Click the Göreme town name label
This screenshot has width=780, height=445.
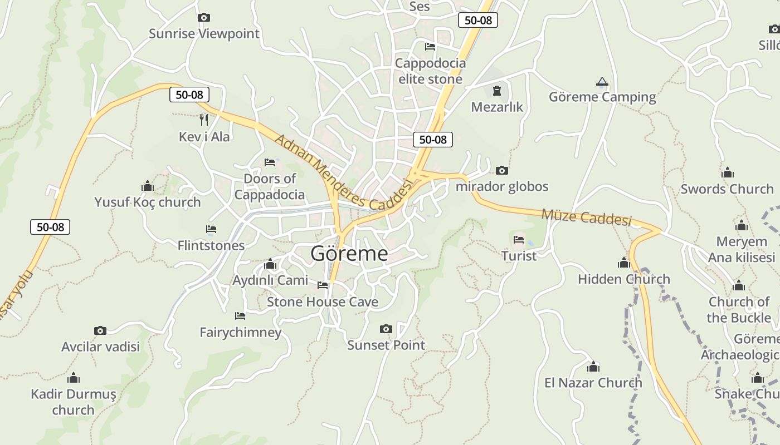pos(349,254)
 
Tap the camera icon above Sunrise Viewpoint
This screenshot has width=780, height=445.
pos(204,18)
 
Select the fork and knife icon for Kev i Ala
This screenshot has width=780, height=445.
pos(204,120)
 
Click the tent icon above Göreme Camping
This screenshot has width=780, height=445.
pos(602,82)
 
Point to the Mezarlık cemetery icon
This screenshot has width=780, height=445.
pos(497,91)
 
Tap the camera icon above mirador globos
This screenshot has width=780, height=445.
pos(502,171)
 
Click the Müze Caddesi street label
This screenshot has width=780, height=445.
pos(586,217)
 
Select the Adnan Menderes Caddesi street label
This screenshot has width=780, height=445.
pos(343,173)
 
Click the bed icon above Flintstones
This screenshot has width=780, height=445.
pos(211,229)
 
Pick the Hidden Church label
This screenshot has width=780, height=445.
pos(623,279)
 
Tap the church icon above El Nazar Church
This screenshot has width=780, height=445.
pos(593,367)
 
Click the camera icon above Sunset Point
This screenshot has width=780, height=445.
pos(386,329)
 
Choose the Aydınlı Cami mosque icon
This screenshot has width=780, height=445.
pos(270,264)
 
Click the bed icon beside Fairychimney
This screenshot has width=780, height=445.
pos(240,316)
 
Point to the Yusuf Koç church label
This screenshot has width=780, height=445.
pos(147,202)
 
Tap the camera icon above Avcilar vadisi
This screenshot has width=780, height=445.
pos(100,331)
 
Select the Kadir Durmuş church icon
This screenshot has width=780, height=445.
pos(74,379)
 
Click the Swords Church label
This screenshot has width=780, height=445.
pos(727,189)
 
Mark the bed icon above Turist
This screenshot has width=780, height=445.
pos(519,240)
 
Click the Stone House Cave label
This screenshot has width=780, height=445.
pos(322,302)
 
